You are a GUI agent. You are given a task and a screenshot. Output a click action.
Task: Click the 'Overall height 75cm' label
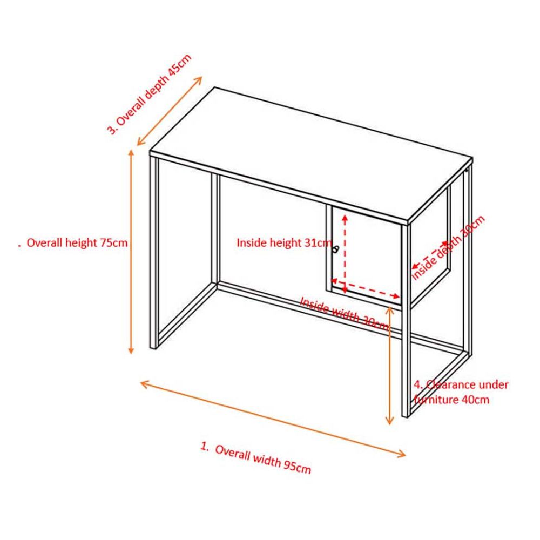(77, 243)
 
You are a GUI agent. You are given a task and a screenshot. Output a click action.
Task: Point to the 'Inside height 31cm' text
(284, 243)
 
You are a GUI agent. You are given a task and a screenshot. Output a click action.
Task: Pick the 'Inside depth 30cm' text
(448, 247)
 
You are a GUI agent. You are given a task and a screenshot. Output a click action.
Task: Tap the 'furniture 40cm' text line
(451, 400)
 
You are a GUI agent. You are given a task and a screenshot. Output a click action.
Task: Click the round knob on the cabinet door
(336, 249)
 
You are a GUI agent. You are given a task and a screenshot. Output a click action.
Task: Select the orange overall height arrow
(131, 252)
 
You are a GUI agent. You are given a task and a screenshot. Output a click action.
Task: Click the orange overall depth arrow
(170, 111)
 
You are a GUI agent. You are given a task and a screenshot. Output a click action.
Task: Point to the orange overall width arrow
(273, 419)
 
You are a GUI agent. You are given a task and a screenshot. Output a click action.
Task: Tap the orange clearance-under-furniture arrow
(389, 366)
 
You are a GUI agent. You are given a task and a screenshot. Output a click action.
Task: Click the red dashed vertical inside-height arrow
(345, 254)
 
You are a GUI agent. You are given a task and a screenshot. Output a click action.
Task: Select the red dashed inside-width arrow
(366, 288)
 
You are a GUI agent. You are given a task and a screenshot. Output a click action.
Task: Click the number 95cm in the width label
(298, 468)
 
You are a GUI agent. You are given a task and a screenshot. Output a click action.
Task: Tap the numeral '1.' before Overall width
(205, 447)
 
